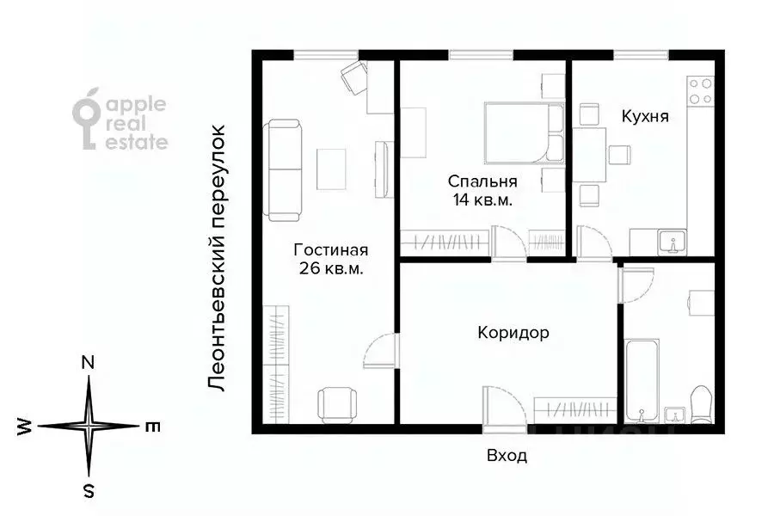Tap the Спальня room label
click(x=482, y=181)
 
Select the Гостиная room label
click(x=330, y=250)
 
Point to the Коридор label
click(x=513, y=333)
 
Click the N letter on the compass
click(x=88, y=363)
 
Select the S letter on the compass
click(x=88, y=491)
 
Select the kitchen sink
click(x=670, y=242)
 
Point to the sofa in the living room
click(x=284, y=169)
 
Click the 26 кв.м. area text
click(x=330, y=268)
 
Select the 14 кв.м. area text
click(x=482, y=200)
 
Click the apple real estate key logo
click(x=86, y=120)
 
